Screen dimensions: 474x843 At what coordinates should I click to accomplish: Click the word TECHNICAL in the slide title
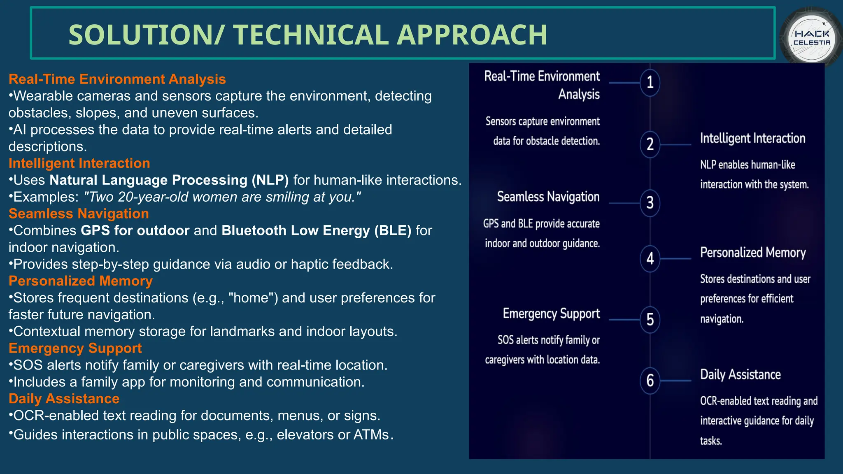[311, 35]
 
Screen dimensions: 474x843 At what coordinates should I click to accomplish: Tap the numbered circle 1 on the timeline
[650, 83]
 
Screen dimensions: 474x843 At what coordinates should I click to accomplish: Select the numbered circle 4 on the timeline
[650, 258]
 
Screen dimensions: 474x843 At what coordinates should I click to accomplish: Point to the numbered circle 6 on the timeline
[650, 381]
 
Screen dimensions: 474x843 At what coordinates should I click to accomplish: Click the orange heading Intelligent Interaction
[79, 163]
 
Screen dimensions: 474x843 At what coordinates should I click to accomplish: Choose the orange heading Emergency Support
[75, 348]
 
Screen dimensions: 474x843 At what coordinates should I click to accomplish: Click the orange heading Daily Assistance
[64, 399]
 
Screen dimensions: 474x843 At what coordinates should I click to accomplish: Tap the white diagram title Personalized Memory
[752, 252]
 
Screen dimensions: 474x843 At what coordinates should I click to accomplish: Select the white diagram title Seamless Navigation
[548, 197]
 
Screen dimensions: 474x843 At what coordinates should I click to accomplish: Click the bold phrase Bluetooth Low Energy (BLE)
[316, 230]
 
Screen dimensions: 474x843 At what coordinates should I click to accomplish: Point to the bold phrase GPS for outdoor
[135, 230]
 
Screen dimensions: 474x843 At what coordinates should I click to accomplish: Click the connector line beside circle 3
[624, 203]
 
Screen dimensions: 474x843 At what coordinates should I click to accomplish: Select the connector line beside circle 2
[675, 145]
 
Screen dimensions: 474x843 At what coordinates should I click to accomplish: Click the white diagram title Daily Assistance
[740, 374]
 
